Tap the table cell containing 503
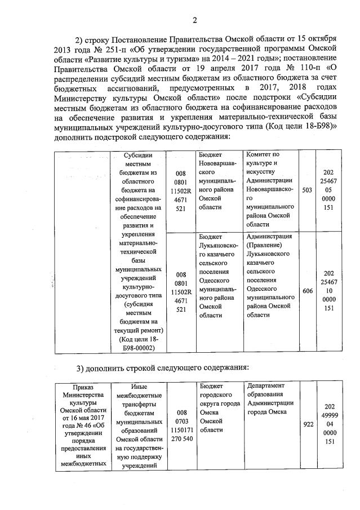click(x=307, y=190)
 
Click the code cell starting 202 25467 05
click(x=330, y=190)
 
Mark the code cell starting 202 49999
click(x=330, y=424)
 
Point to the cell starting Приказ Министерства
click(x=83, y=425)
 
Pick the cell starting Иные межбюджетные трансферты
click(x=139, y=425)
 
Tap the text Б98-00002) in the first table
click(x=139, y=347)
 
